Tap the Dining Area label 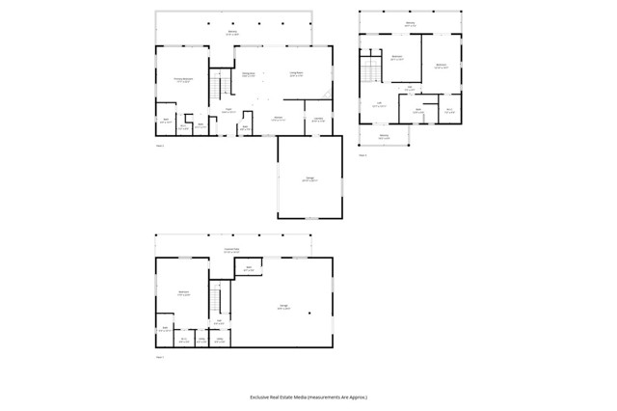pos(248,74)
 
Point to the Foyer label pos(228,110)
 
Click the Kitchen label pos(278,119)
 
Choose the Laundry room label pos(317,120)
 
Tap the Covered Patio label pos(231,251)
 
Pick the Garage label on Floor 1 pos(284,307)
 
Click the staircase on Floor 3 pos(369,70)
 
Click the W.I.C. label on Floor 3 pos(449,110)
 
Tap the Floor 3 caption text pos(363,154)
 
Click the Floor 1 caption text pos(160,357)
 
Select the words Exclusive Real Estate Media pos(280,397)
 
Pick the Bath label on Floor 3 pos(418,111)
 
